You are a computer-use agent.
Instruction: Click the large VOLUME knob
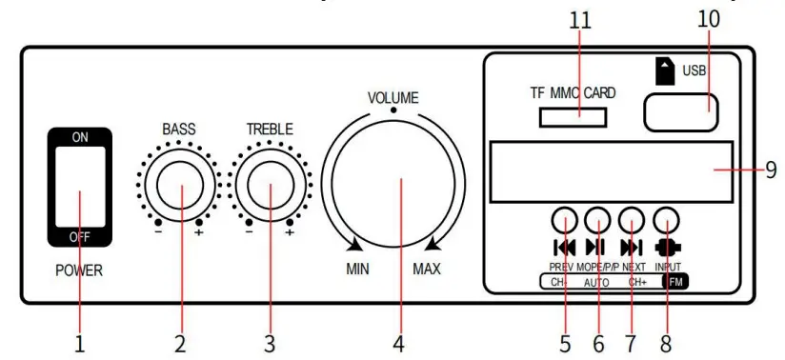(393, 183)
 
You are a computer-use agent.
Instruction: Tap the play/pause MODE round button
(597, 221)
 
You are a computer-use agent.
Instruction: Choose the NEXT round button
(632, 221)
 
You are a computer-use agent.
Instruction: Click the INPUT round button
(667, 221)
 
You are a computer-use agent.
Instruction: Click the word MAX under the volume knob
(427, 270)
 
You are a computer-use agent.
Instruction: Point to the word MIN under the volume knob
(357, 270)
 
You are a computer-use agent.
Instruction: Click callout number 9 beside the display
(772, 171)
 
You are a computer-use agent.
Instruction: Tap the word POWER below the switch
(78, 271)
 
